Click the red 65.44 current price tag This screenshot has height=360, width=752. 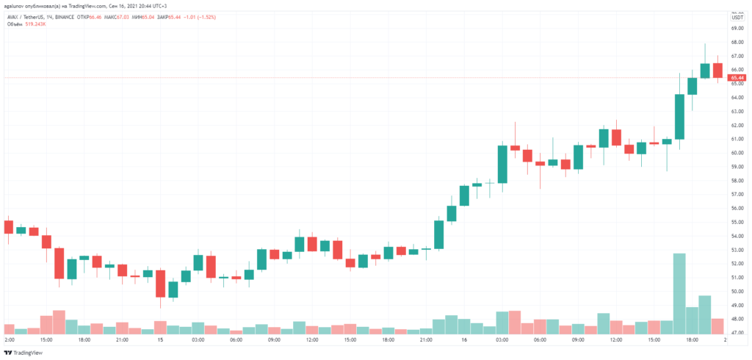737,77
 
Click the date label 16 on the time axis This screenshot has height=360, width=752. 464,341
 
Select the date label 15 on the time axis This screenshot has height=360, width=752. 159,341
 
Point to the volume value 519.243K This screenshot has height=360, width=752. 36,24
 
